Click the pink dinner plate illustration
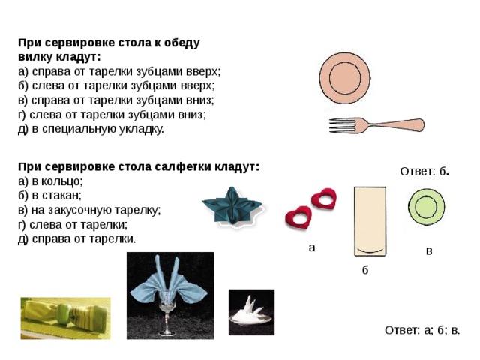tap(345, 78)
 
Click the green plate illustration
tap(426, 207)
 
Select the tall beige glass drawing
tap(370, 221)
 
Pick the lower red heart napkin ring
tap(298, 217)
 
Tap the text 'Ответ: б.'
tap(424, 172)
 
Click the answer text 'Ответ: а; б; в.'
tap(422, 330)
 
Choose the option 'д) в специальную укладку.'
tap(91, 129)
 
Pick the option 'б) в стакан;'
tap(50, 195)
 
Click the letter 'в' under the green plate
tap(429, 251)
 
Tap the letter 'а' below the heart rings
tap(312, 248)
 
